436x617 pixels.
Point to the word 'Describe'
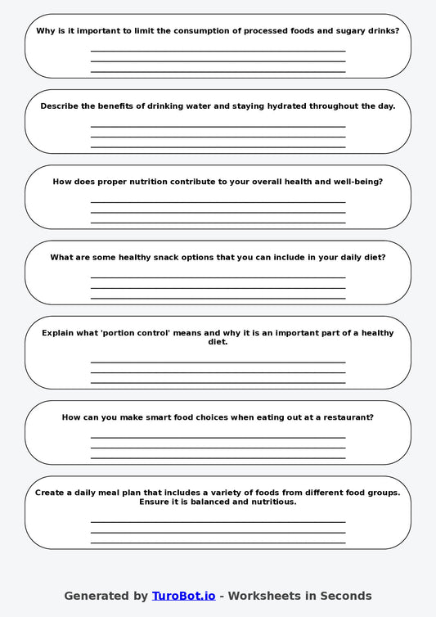pos(62,106)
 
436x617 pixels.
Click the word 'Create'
pos(51,493)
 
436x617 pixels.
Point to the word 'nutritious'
pos(269,502)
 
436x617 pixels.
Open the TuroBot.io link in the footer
pos(183,596)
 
